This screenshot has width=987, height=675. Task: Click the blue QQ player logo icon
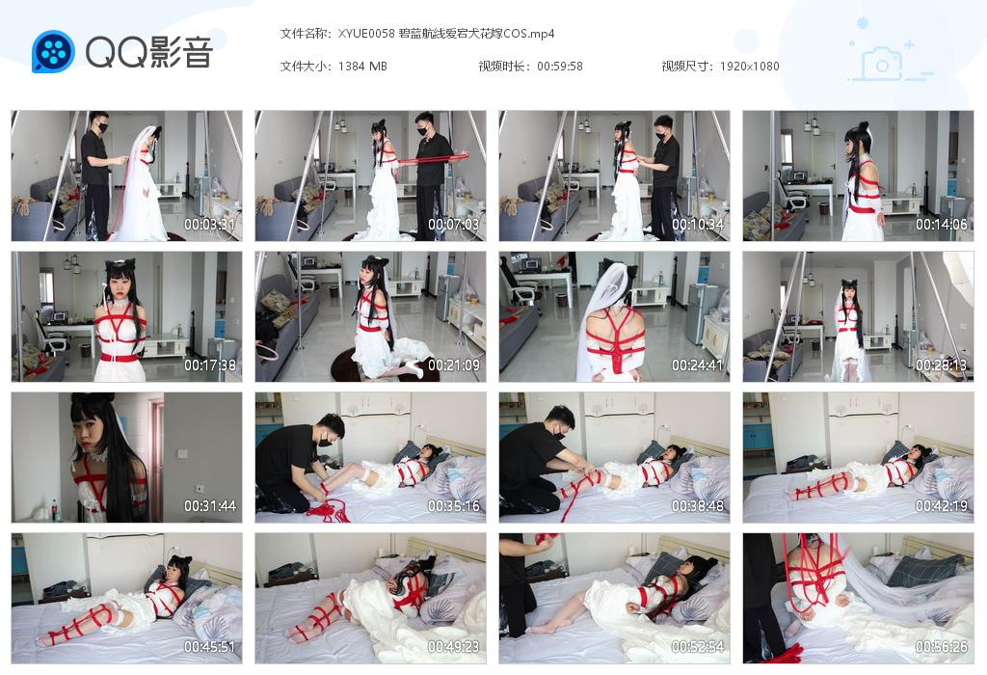pos(53,51)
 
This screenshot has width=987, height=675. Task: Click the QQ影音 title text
pos(148,52)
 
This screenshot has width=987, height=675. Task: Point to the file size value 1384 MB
pos(363,67)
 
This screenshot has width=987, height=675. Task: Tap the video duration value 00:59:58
pos(560,67)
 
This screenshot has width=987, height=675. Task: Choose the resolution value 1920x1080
pos(749,67)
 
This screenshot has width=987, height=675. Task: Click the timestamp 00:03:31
pos(209,225)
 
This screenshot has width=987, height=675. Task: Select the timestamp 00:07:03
pos(453,225)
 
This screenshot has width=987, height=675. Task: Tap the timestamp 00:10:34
pos(697,225)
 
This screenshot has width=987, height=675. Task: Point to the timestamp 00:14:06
pos(941,225)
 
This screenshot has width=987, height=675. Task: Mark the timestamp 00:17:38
pos(209,365)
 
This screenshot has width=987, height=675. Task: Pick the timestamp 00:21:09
pos(453,365)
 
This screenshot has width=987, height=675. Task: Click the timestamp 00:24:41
pos(697,365)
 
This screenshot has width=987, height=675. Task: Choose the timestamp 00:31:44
pos(209,506)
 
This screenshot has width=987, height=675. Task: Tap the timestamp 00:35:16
pos(453,506)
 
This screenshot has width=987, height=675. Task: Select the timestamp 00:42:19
pos(941,506)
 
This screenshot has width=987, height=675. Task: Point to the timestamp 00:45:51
pos(209,647)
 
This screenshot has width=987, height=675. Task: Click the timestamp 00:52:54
pos(697,647)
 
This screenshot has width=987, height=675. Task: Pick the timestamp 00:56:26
pos(941,647)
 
